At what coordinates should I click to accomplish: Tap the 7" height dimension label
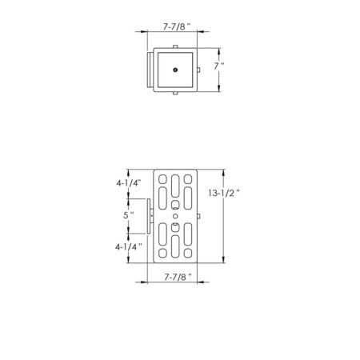tap(219, 69)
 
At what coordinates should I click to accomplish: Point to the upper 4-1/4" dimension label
tap(128, 183)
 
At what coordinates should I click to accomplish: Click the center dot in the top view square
tap(174, 70)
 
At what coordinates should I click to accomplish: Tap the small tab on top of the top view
tap(174, 47)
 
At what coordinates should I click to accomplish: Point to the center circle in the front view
tap(174, 217)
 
